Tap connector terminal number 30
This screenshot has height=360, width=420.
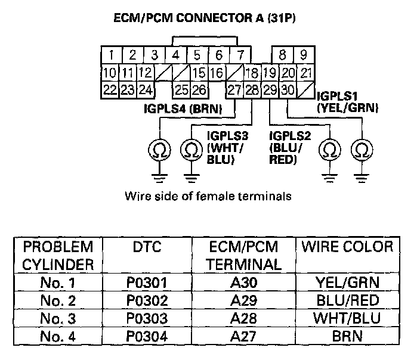tap(288, 90)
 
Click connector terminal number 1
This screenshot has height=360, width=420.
tap(110, 56)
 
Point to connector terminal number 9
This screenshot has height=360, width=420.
tap(303, 56)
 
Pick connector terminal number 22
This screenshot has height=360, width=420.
tap(109, 90)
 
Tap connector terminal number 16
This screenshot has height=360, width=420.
tap(217, 73)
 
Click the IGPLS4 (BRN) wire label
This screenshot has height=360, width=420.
tap(183, 108)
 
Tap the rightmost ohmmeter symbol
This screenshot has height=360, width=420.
tap(361, 149)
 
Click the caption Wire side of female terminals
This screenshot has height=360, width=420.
tap(208, 195)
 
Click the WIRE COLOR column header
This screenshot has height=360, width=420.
tap(347, 247)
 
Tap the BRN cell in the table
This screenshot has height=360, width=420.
tap(347, 335)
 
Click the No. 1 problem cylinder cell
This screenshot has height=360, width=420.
tap(57, 283)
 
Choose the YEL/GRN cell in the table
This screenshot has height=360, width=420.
tap(347, 283)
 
